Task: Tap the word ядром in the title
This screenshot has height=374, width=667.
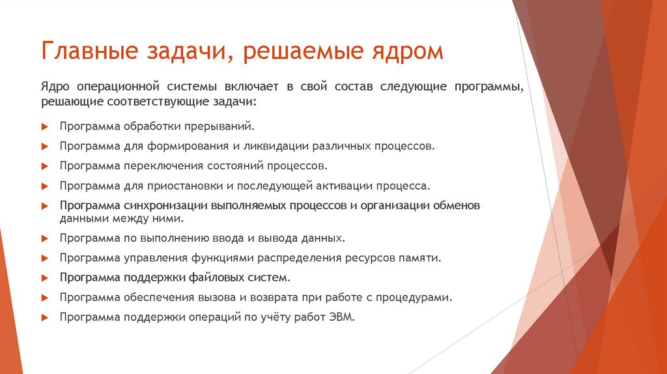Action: [x=408, y=51]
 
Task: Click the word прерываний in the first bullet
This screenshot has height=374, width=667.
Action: [x=219, y=126]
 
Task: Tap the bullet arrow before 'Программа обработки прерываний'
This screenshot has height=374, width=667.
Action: [x=44, y=126]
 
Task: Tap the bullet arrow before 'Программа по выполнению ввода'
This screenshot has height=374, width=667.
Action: [x=44, y=238]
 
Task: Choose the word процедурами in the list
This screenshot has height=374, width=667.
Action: [x=418, y=297]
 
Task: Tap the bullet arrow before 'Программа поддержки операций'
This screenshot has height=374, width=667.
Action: [x=44, y=318]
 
